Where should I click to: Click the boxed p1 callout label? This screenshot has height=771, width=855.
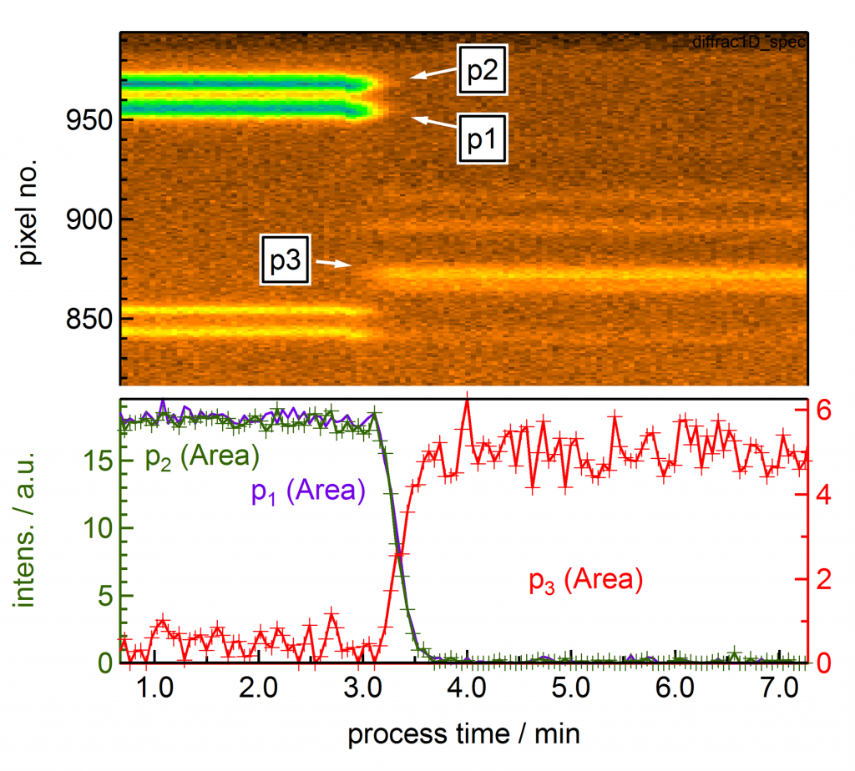tap(482, 139)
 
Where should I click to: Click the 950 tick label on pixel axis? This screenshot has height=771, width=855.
tap(88, 119)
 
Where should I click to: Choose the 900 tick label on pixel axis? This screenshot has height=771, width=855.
tap(88, 219)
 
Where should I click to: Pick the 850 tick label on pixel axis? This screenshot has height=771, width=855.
tap(88, 319)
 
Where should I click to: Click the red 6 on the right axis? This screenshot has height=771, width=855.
tap(824, 411)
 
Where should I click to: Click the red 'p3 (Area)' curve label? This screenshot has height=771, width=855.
tap(586, 581)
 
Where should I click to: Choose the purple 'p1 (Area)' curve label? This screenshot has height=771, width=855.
tap(308, 491)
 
